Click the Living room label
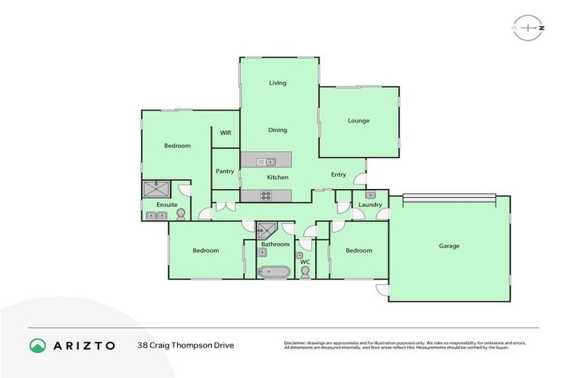click(x=278, y=83)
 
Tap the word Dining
click(x=278, y=131)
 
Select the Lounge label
click(x=359, y=121)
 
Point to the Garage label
click(x=449, y=247)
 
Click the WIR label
click(x=225, y=133)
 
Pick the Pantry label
click(x=225, y=171)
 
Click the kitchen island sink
click(x=266, y=162)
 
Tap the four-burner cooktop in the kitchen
click(x=266, y=196)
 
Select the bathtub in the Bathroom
click(x=273, y=272)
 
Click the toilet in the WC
click(x=305, y=272)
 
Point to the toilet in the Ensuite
click(x=180, y=214)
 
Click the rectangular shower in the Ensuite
click(x=157, y=188)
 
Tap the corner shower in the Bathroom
click(x=269, y=230)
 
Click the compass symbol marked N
click(x=531, y=28)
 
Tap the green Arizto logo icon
click(x=38, y=345)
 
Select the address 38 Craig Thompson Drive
click(x=185, y=345)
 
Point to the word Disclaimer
click(x=298, y=342)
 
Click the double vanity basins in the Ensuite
click(x=157, y=216)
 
